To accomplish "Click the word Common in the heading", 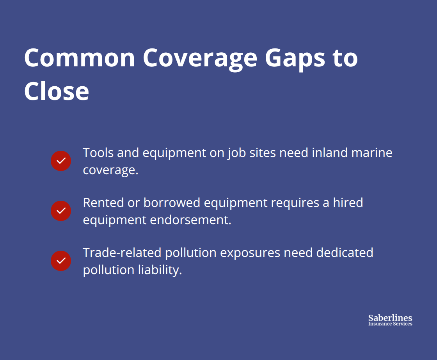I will point(80,58).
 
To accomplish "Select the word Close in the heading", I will point(57,91).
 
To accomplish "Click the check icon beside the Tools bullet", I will point(61,161).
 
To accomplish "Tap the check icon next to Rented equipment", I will point(61,211).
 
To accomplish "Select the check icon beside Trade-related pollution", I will point(61,261).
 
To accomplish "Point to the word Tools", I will point(98,152).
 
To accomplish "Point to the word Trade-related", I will point(122,253).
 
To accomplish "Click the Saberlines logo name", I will point(390,318).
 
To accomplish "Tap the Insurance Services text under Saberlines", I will point(390,324).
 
